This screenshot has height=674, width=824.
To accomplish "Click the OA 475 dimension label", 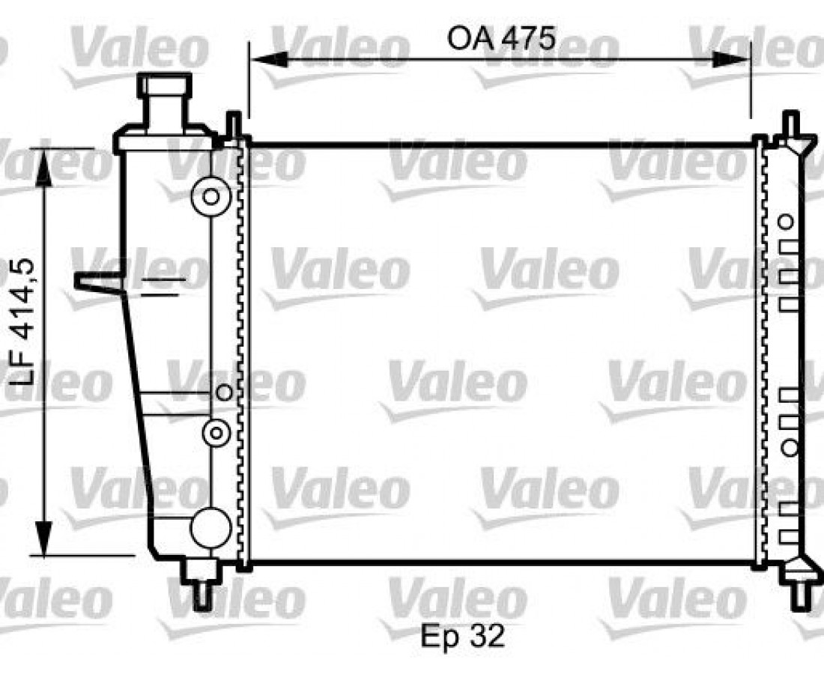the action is [x=501, y=38].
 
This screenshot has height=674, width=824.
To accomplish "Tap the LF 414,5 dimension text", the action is [x=22, y=323].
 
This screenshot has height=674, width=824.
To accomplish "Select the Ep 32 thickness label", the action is [x=462, y=637].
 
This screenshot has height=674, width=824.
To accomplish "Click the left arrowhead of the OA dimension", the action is [x=268, y=59].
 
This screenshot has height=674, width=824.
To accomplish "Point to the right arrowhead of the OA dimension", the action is [x=732, y=59].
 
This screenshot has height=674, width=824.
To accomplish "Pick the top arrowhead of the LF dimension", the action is [x=44, y=167].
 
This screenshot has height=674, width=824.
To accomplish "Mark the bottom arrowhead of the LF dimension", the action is [x=44, y=538].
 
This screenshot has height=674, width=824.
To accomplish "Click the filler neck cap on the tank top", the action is [x=165, y=85].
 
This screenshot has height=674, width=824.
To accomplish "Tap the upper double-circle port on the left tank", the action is [x=210, y=196].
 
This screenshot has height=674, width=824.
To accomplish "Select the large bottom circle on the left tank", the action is [x=210, y=528].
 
